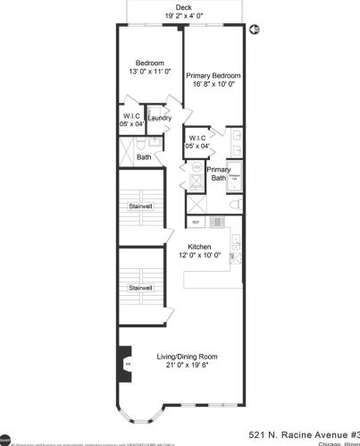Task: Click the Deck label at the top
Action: [x=182, y=6]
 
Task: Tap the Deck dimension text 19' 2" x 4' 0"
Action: [x=183, y=16]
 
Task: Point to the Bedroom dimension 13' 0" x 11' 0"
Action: [x=149, y=71]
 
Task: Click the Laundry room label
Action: [x=160, y=118]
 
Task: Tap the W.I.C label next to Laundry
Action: [x=132, y=114]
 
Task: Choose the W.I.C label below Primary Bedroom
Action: [x=197, y=138]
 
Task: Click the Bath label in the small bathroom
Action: [x=144, y=157]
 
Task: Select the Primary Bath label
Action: [x=218, y=173]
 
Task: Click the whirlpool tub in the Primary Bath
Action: [x=235, y=177]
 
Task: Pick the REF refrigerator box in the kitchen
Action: [x=196, y=221]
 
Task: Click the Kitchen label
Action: [x=199, y=247]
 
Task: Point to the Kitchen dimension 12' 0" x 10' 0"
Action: [x=198, y=256]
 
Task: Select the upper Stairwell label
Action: [x=140, y=208]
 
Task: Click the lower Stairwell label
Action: [x=140, y=287]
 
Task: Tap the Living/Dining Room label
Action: [x=181, y=357]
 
